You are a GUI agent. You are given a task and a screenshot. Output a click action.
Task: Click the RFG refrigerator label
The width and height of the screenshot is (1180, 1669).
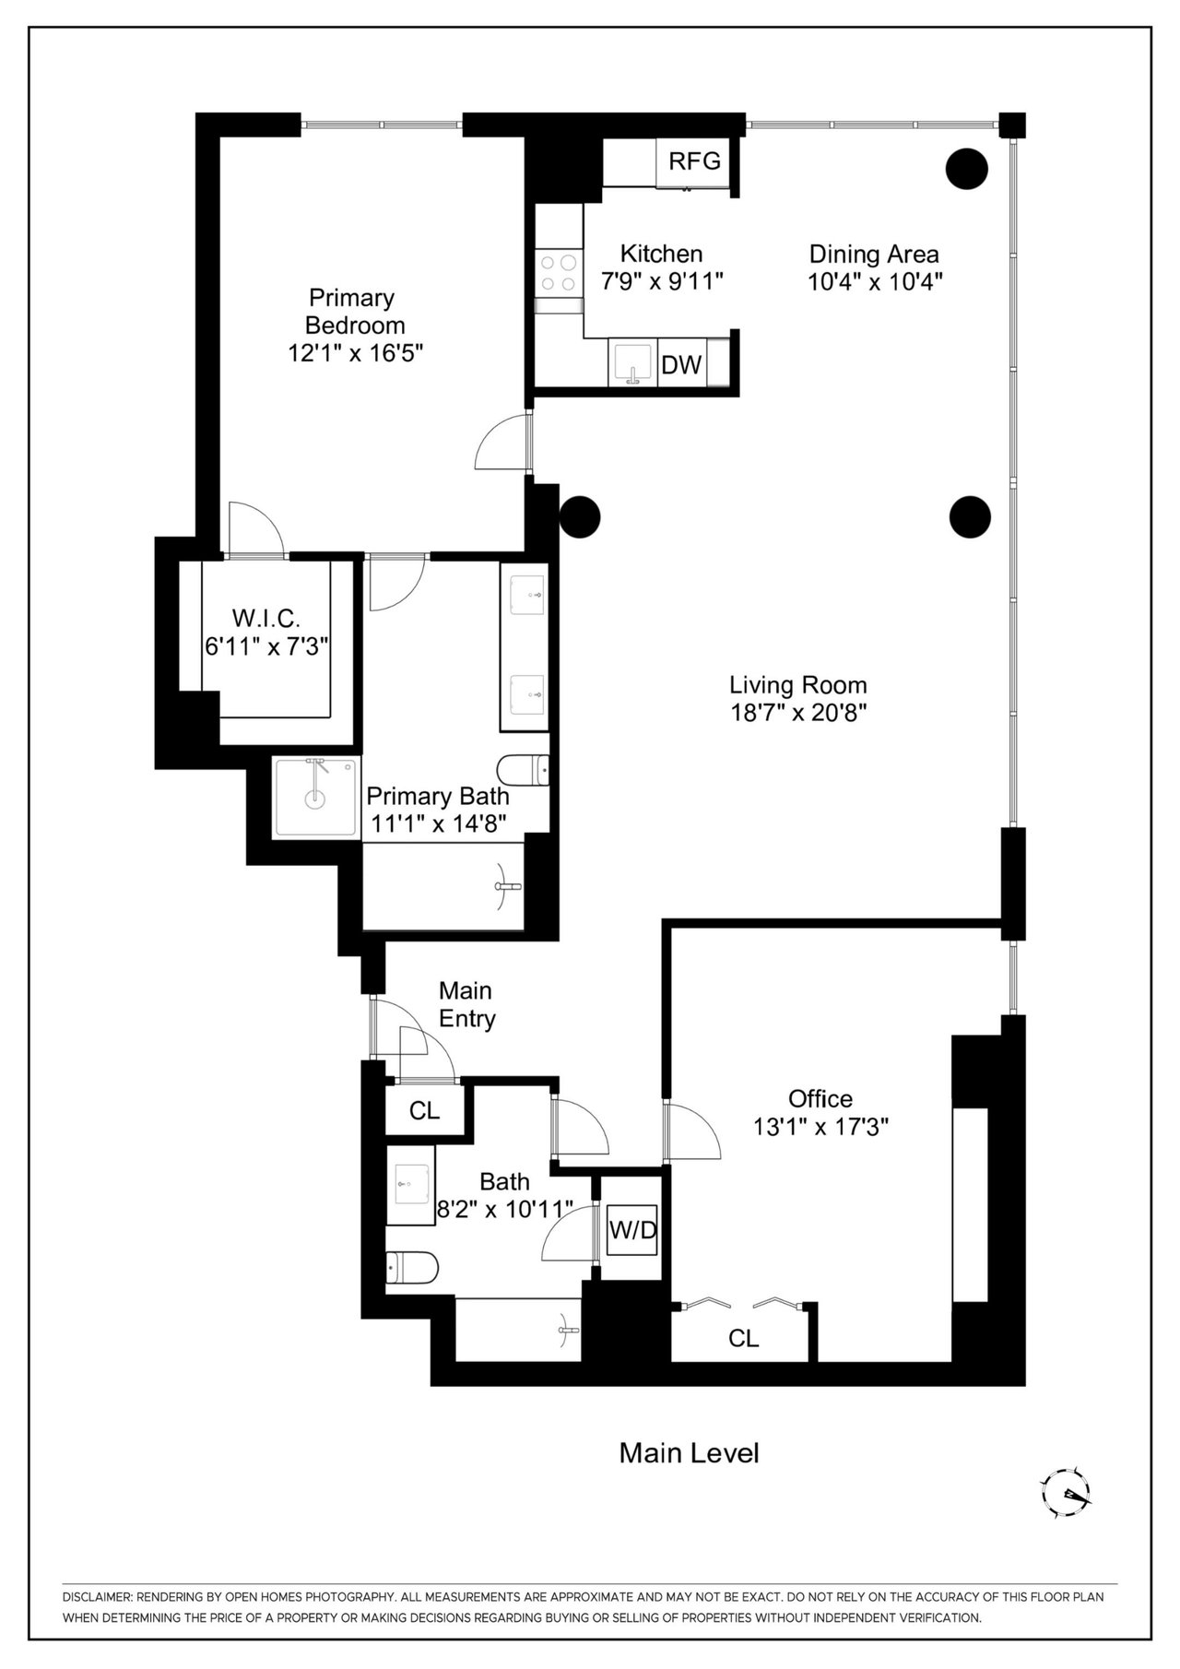694,161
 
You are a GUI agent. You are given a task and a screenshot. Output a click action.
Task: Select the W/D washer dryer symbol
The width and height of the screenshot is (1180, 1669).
632,1230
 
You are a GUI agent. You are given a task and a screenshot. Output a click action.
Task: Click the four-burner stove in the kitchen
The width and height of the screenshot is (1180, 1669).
559,272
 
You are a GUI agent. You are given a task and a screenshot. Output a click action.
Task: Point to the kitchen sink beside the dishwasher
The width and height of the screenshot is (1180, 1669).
632,363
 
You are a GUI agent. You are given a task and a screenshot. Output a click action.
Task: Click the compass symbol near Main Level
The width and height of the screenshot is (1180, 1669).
1066,1493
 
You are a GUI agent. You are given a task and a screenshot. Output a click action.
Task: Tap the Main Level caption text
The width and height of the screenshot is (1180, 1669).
689,1453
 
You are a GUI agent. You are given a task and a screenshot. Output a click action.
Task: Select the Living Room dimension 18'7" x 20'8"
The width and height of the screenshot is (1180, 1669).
798,713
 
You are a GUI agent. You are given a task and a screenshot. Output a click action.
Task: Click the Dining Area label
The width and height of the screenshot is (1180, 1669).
874,254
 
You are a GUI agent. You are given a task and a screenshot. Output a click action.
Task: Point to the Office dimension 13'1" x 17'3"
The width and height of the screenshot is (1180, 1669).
820,1126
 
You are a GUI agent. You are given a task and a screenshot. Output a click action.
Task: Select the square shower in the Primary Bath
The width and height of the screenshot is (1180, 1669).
315,798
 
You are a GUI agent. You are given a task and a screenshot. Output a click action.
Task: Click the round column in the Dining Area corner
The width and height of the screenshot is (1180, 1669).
967,169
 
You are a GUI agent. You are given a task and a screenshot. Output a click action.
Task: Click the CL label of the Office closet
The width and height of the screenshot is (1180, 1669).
743,1338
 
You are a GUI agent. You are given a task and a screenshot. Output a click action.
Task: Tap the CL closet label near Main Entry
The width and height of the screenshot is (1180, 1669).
424,1110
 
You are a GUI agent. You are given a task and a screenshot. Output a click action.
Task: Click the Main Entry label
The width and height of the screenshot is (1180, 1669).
466,1004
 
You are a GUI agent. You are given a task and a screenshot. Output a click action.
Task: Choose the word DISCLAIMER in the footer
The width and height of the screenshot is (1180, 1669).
97,1596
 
